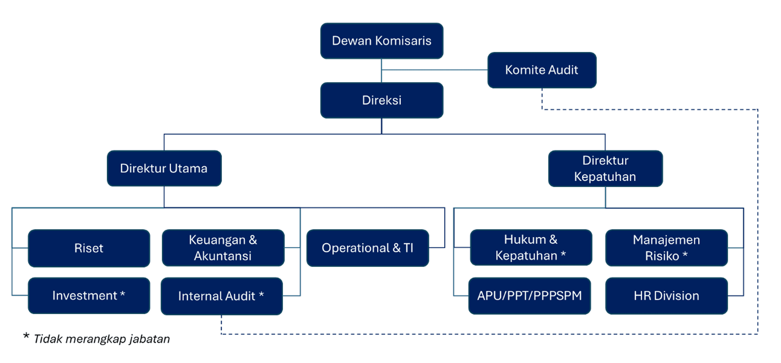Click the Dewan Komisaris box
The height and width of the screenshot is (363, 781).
coord(381,41)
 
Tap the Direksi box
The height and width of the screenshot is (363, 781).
coord(381,100)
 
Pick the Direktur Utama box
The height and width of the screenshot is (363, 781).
coord(164,168)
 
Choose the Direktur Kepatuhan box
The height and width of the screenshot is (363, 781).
coord(605,168)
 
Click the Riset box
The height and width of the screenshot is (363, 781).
coord(89,248)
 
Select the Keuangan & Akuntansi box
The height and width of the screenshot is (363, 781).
coord(223,248)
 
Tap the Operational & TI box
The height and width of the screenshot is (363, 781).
coord(368,248)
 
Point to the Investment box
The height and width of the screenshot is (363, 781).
coord(89,295)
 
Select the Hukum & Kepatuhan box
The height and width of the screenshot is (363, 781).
coord(531,247)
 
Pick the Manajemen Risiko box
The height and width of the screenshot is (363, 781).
coord(666,248)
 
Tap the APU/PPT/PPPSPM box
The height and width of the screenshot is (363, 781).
coord(529,296)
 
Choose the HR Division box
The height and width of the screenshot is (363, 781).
coord(666,296)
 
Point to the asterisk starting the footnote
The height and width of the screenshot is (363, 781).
coord(26,336)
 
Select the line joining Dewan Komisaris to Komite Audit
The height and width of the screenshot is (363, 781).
coord(434,70)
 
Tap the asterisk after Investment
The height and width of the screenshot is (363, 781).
coord(122,294)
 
